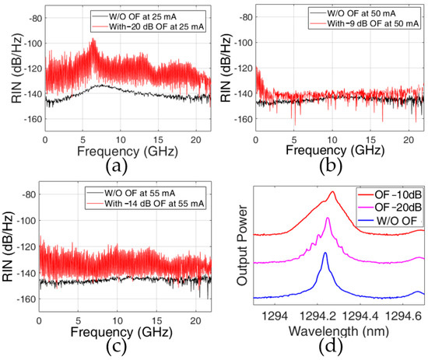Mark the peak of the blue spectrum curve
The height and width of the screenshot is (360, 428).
pyautogui.click(x=325, y=253)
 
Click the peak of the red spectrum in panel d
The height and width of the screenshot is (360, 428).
pyautogui.click(x=333, y=191)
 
